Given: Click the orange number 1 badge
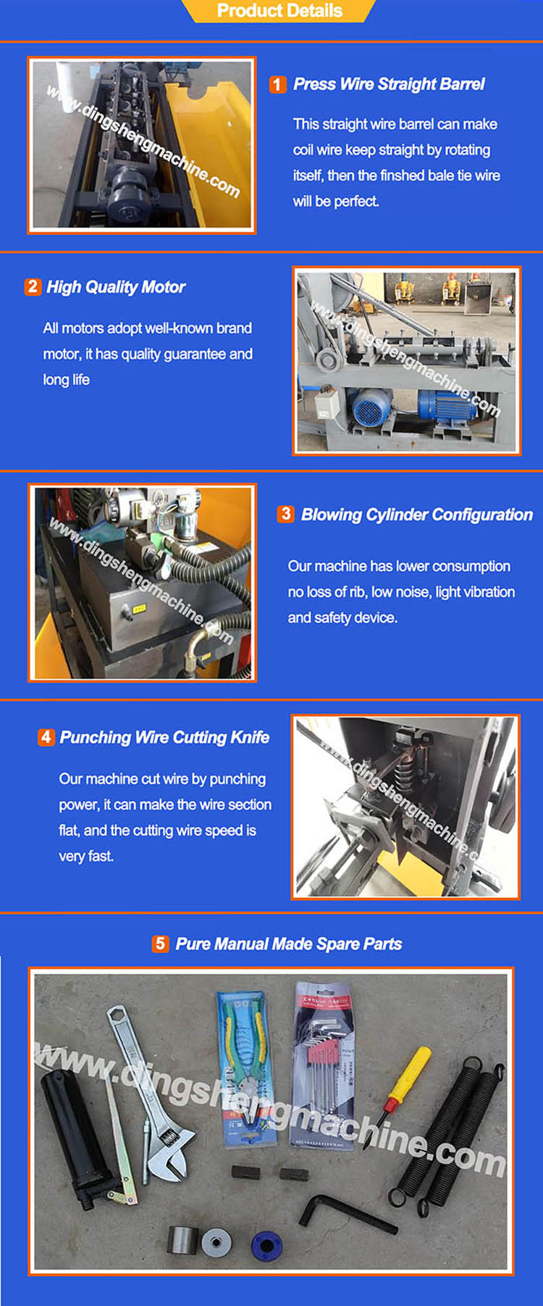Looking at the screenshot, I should click(x=277, y=84).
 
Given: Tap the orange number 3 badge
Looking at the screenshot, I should click(x=285, y=514).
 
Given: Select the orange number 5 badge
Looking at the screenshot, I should click(x=161, y=944).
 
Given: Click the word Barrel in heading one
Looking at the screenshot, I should click(x=460, y=84).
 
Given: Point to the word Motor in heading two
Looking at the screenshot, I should click(x=164, y=287).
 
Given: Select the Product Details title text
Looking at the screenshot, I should click(x=279, y=11).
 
